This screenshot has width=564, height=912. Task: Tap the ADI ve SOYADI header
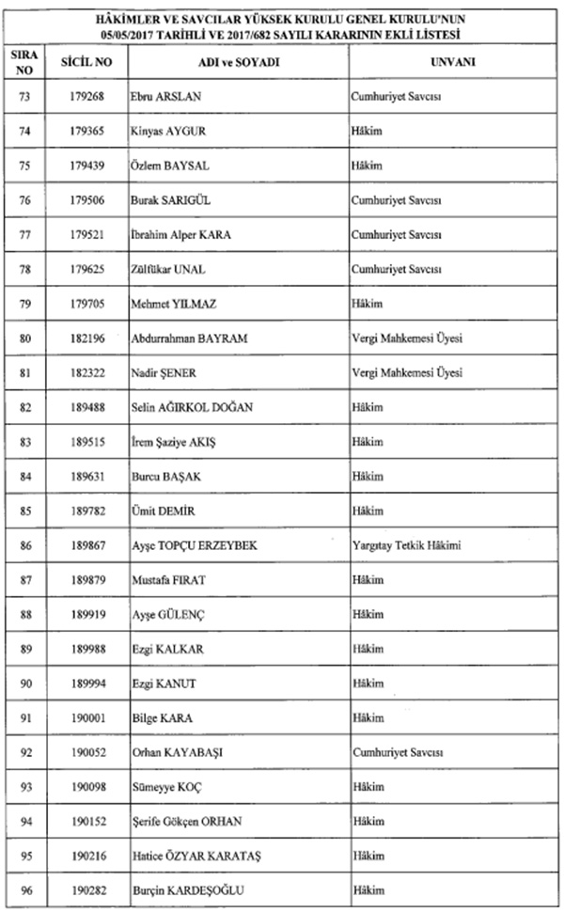click(235, 63)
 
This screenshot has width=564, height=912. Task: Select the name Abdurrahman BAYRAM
click(189, 338)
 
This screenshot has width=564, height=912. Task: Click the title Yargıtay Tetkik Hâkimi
click(404, 545)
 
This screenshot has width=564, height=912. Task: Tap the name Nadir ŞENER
click(163, 373)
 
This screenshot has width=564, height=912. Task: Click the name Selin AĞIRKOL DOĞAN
click(193, 407)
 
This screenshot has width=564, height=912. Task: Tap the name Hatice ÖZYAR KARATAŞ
click(189, 855)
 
